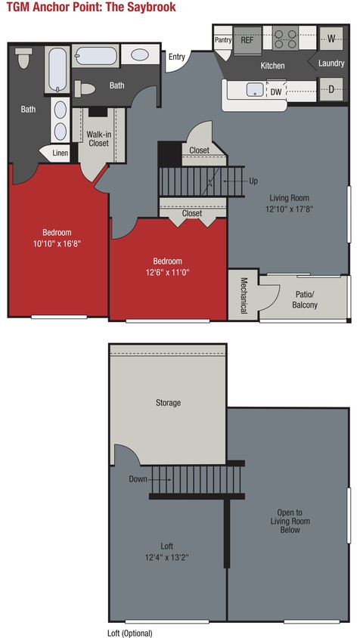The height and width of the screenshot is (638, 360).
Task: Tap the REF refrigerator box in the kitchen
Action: [x=247, y=40]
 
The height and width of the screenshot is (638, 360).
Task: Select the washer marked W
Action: [x=331, y=39]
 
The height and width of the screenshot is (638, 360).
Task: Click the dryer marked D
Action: [x=331, y=89]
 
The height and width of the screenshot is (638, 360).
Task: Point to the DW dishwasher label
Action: [x=276, y=91]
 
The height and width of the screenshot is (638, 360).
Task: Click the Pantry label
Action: [x=223, y=39]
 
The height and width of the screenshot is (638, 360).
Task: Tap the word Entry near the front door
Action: [x=177, y=57]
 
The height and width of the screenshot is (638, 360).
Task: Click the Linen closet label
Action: [x=60, y=153]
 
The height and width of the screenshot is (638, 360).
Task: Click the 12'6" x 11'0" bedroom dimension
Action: [x=168, y=273]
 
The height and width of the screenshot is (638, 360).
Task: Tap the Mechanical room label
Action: [x=244, y=296]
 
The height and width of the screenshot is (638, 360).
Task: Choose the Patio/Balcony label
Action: [x=305, y=300]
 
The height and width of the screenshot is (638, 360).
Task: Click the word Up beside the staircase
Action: [x=253, y=181]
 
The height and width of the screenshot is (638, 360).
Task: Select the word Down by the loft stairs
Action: [x=138, y=478]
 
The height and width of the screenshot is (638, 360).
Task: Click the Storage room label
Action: [x=168, y=403]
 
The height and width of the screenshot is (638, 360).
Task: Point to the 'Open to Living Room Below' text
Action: [x=290, y=521]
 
